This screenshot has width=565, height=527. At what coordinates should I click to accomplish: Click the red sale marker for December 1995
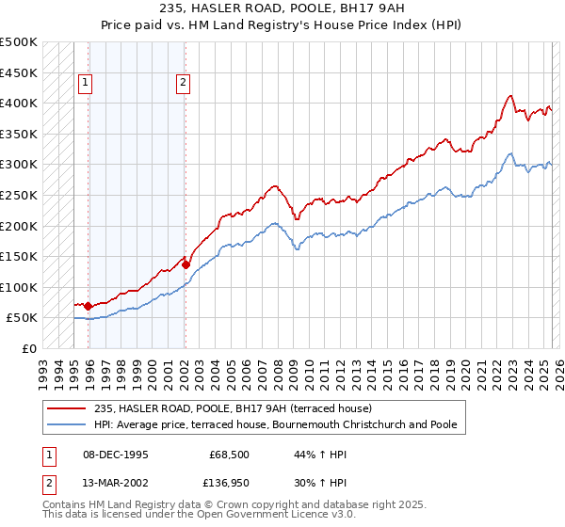pyautogui.click(x=88, y=306)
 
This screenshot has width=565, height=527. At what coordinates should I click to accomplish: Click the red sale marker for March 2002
pyautogui.click(x=186, y=264)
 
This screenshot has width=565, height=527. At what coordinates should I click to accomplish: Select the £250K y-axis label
pyautogui.click(x=19, y=195)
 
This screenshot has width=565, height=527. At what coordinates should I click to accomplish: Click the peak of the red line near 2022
pyautogui.click(x=509, y=95)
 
